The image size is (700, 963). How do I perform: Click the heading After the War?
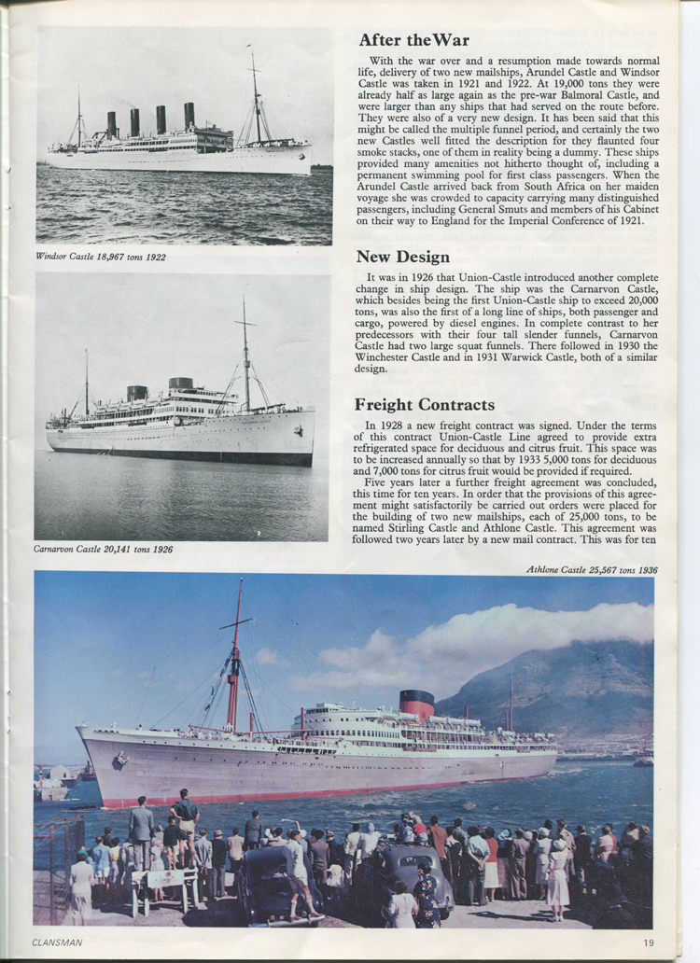coord(413,40)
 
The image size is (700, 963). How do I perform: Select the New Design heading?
coord(402,256)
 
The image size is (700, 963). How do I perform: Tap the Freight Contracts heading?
coord(425,404)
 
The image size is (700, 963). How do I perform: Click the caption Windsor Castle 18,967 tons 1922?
coord(101,257)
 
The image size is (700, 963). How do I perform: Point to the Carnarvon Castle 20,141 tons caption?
coord(103,550)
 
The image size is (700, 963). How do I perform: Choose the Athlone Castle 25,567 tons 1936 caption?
coord(591,569)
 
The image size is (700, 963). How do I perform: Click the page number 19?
coord(649,942)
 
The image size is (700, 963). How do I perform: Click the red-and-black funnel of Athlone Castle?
coord(416,705)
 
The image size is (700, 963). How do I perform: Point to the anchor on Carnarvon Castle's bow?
coord(298,431)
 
